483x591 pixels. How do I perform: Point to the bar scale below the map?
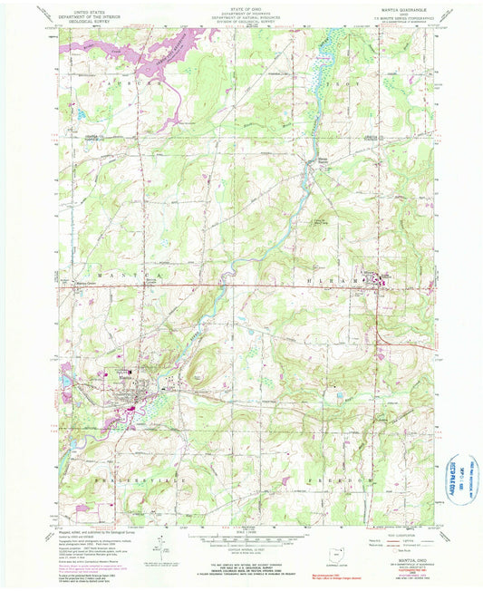click(x=239, y=536)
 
